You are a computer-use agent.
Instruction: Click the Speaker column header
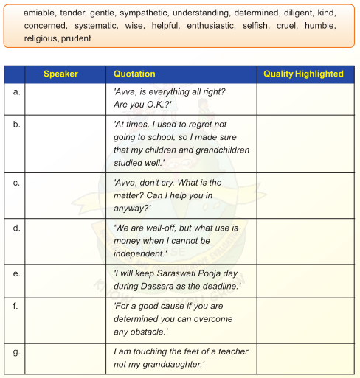coord(60,74)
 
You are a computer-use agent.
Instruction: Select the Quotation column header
coord(134,74)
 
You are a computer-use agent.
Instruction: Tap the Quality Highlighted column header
coord(303,74)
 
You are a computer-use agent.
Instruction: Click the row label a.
coord(16,91)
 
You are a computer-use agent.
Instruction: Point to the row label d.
coord(16,228)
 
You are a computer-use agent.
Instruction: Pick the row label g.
coord(16,351)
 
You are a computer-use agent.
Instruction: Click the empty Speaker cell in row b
coord(67,144)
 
